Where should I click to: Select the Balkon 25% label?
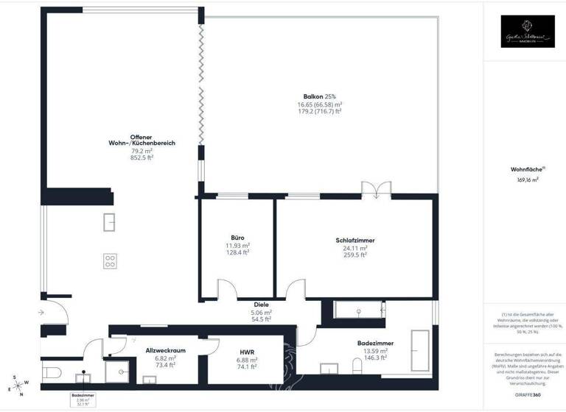[x=319, y=96]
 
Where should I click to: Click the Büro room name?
[x=237, y=238]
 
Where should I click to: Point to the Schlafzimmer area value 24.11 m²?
[x=354, y=249]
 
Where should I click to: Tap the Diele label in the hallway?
[x=261, y=304]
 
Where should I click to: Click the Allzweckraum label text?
[x=165, y=350]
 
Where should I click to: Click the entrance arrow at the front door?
[x=28, y=313]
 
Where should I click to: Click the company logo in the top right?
[x=527, y=32]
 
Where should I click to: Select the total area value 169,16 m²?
[x=526, y=178]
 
